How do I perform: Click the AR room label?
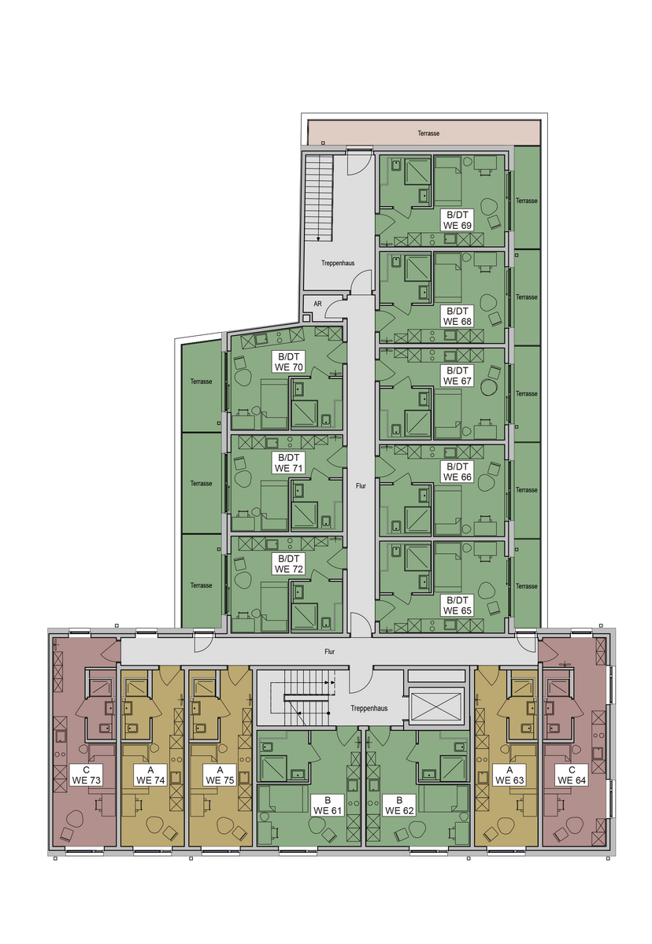(x=317, y=304)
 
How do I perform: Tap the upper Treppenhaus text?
(x=337, y=263)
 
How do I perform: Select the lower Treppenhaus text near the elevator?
(x=369, y=709)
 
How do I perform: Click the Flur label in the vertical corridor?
(x=361, y=486)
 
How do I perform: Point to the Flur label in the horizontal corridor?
(x=329, y=651)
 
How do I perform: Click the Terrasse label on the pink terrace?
(x=428, y=133)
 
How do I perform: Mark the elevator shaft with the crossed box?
(x=436, y=705)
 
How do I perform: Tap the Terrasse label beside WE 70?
(x=201, y=382)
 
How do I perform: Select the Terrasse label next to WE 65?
(x=526, y=586)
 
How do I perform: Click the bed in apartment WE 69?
(x=448, y=182)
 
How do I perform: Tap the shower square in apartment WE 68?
(x=417, y=267)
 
